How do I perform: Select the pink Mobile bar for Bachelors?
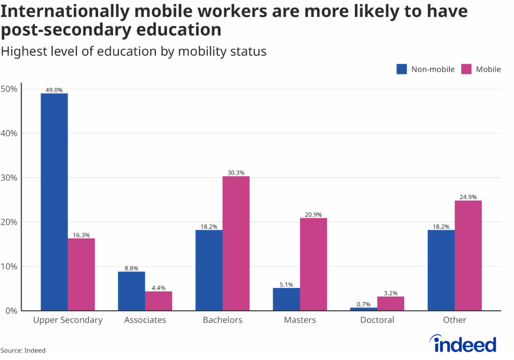[236, 244]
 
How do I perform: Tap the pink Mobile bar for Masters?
[313, 264]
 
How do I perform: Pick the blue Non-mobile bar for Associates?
[132, 291]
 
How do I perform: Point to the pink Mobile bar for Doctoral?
[391, 304]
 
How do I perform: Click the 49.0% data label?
[54, 90]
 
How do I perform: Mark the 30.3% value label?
[236, 173]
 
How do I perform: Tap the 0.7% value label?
[363, 304]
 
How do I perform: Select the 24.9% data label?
[468, 197]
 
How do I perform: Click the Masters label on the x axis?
[300, 320]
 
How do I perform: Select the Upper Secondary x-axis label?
[68, 320]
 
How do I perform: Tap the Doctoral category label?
[377, 320]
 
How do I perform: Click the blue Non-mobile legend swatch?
[402, 69]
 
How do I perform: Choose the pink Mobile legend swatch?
[467, 69]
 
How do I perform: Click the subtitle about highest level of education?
[133, 51]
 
